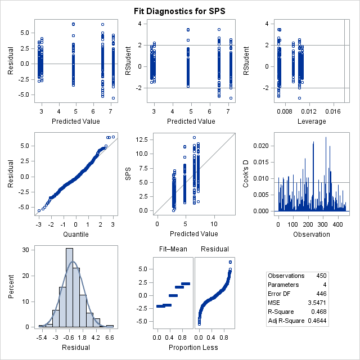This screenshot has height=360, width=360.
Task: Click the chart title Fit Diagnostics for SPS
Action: [179, 11]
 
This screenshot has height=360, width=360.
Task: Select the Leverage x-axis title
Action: [304, 121]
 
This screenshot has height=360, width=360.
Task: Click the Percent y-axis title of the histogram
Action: [12, 286]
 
